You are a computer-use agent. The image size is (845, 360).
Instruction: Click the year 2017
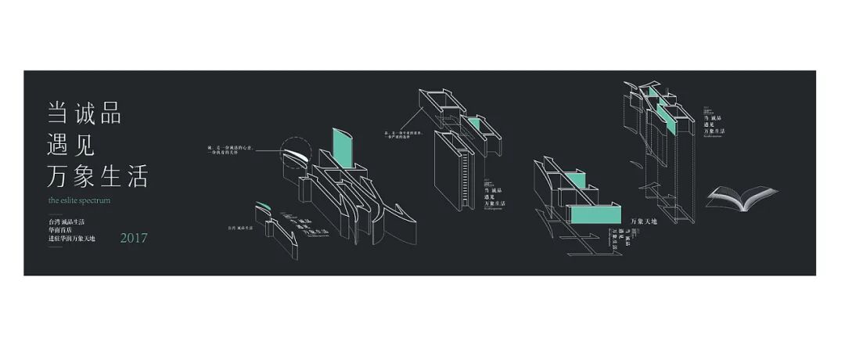133,238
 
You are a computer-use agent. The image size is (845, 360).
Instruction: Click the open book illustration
738,197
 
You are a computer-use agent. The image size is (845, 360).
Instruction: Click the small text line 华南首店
63,230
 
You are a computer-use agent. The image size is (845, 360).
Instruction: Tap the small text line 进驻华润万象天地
71,239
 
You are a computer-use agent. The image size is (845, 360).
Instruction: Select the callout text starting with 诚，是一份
232,149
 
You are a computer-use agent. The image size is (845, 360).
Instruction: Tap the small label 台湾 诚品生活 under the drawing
242,229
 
